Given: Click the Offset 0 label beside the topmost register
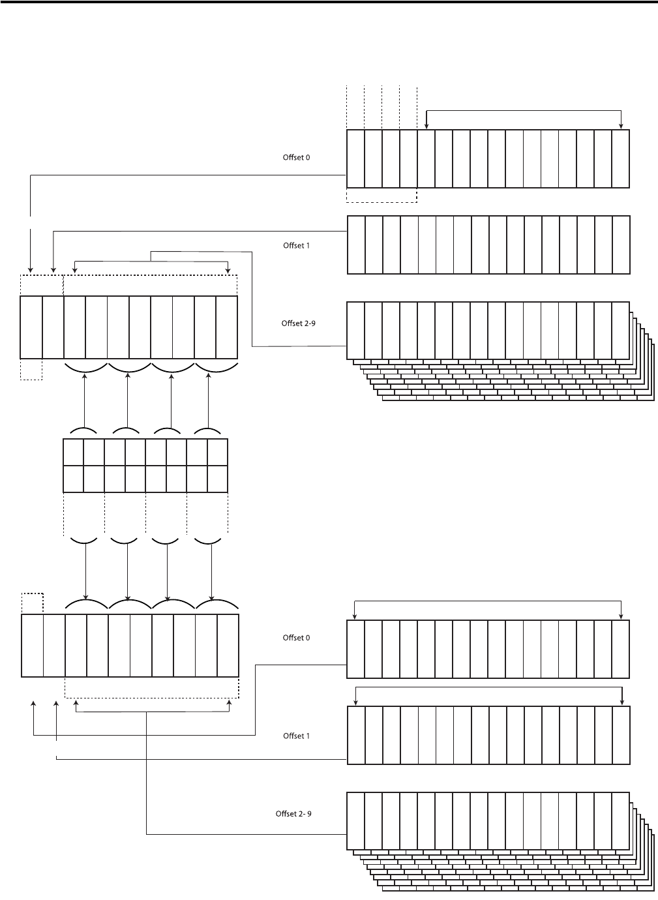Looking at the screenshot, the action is coord(296,158).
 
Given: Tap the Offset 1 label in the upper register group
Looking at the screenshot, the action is coord(296,246).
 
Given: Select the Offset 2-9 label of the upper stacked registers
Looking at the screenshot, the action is coord(298,323).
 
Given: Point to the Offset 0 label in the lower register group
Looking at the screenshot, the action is coord(296,638).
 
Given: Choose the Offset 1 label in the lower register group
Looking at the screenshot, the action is coord(296,736).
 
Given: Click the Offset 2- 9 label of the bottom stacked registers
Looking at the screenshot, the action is coord(293,814).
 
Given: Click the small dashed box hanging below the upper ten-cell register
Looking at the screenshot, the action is coord(31,369).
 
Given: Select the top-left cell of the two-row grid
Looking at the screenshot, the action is coord(74,452).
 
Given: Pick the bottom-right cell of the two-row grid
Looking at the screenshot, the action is coord(217,479).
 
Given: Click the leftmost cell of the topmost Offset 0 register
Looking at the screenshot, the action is coord(355,159).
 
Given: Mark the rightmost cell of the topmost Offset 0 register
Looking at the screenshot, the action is coord(621,159).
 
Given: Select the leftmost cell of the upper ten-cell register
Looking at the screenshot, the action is coord(31,327).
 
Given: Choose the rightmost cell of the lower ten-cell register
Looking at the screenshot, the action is coord(228,646).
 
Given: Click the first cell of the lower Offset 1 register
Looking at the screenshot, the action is coord(356,736).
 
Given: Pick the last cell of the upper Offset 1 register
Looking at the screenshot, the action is coord(621,245).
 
